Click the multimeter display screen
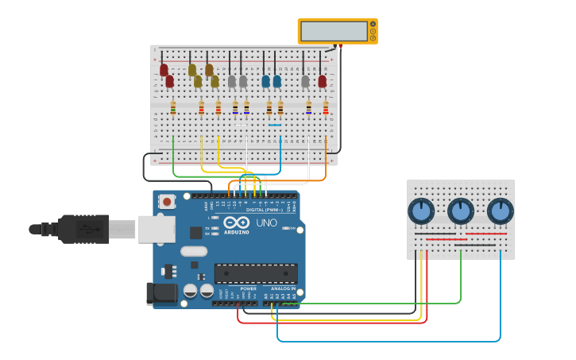click(x=334, y=31)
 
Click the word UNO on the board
click(x=267, y=223)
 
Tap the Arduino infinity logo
click(x=236, y=223)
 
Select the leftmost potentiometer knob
click(x=421, y=211)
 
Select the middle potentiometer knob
click(x=461, y=211)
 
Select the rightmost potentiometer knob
click(x=500, y=211)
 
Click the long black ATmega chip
click(x=256, y=273)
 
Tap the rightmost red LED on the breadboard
click(x=322, y=81)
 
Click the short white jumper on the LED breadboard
click(x=242, y=125)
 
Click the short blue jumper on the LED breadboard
click(x=275, y=125)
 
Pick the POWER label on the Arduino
click(x=248, y=288)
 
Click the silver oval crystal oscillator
click(x=194, y=251)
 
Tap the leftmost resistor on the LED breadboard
click(x=173, y=108)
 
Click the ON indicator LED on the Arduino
click(x=284, y=229)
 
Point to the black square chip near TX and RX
click(x=195, y=233)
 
